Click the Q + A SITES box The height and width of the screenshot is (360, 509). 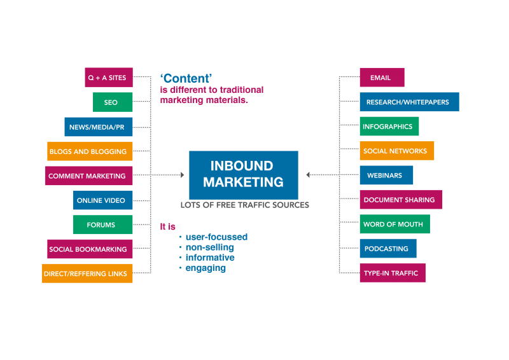point(109,78)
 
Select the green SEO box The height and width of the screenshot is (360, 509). point(111,102)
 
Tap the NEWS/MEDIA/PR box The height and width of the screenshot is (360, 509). point(99,127)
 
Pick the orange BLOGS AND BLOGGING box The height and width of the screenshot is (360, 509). point(90,151)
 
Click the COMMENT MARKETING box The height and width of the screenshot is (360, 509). point(88,176)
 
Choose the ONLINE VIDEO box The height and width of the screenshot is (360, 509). point(102,200)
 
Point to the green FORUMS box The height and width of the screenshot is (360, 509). point(102,225)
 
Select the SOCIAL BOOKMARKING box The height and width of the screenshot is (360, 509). point(90,249)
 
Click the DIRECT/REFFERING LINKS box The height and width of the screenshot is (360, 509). point(87,273)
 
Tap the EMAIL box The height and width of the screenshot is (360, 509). point(382,78)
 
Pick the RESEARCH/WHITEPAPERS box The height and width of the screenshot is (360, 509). point(409,102)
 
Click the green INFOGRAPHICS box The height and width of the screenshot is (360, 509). point(389,127)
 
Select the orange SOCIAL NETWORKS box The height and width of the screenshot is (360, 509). point(396,151)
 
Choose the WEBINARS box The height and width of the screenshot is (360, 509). point(386,175)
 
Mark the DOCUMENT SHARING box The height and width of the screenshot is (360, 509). point(401,200)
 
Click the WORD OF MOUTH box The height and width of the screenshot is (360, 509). point(394,224)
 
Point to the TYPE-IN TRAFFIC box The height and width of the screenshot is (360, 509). point(393,273)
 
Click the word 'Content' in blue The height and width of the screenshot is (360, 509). point(185,79)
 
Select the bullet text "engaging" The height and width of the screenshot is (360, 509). point(206,268)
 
